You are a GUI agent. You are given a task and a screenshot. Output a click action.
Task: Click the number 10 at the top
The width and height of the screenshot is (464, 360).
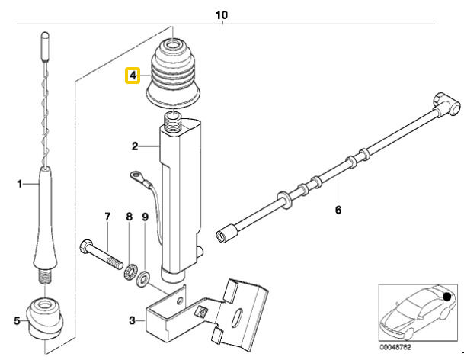(x=222, y=14)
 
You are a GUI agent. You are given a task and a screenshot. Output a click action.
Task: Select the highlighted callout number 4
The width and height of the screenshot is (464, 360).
(x=133, y=76)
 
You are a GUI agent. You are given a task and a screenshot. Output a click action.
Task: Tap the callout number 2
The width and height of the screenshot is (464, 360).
(x=135, y=146)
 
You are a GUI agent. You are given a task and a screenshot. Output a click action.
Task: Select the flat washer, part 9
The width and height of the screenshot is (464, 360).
(x=143, y=277)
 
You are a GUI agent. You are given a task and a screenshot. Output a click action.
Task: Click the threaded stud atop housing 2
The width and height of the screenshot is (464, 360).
(x=174, y=117)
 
